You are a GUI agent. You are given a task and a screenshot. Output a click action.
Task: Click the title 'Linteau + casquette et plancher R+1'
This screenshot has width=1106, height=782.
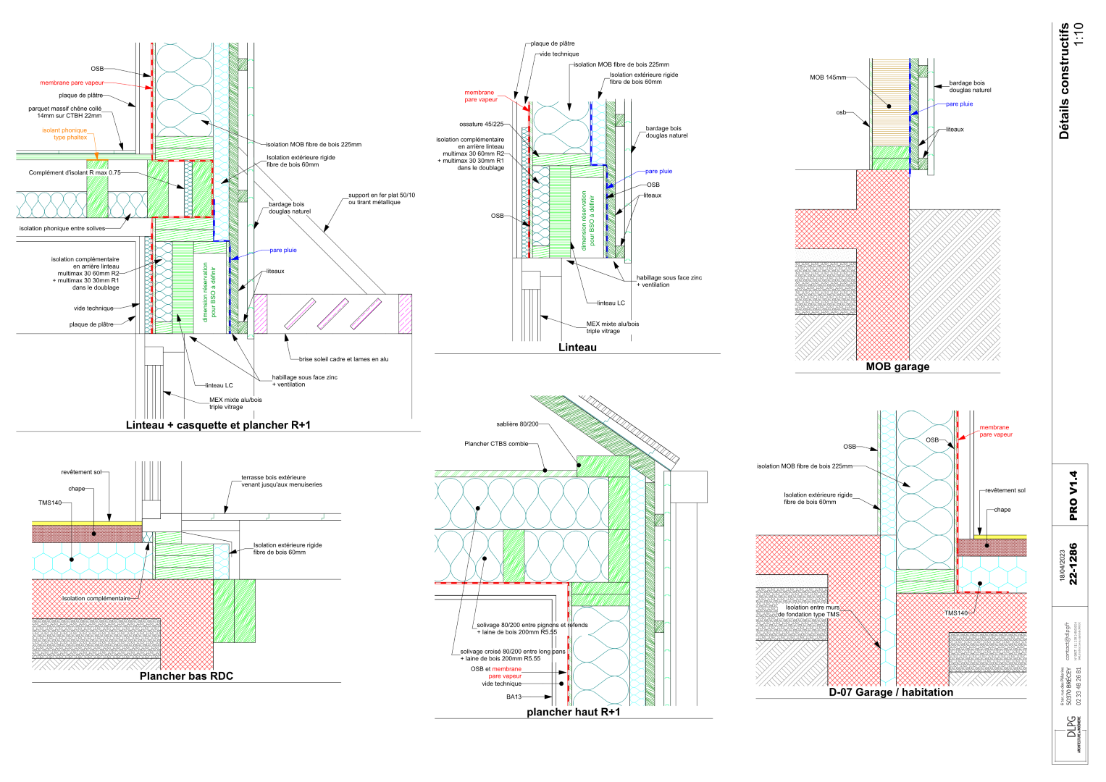(x=218, y=425)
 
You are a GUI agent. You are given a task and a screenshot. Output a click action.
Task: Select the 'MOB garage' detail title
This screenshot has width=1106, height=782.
(x=897, y=366)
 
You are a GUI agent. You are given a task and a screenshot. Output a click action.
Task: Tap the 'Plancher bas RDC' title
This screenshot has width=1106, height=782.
(x=186, y=676)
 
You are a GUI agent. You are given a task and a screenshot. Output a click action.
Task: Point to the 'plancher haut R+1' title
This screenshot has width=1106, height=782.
(x=573, y=712)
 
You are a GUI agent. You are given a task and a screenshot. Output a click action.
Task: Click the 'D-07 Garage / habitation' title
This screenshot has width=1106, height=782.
(x=891, y=692)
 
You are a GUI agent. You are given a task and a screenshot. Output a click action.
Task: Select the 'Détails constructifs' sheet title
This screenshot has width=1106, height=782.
(x=1063, y=80)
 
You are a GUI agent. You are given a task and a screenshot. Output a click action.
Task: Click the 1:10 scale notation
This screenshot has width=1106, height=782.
(x=1078, y=34)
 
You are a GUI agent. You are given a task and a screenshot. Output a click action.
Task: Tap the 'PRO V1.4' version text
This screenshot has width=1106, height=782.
(x=1073, y=495)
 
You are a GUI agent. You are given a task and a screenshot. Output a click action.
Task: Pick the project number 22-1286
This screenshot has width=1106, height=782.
(x=1073, y=563)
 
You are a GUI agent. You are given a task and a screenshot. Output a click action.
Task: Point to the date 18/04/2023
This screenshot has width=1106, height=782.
(x=1063, y=566)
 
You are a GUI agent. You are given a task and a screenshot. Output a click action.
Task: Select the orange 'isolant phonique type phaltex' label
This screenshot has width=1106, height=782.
(x=65, y=134)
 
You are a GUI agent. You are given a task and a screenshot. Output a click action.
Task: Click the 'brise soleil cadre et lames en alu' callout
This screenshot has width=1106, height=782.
(x=343, y=359)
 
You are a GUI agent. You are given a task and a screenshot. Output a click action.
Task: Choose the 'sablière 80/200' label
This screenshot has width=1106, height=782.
(x=517, y=424)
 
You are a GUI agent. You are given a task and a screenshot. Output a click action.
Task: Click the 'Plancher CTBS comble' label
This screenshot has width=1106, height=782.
(x=496, y=444)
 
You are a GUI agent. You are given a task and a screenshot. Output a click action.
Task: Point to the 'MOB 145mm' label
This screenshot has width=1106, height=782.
(x=827, y=77)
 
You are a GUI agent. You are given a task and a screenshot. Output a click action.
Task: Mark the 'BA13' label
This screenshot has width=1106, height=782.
(x=514, y=697)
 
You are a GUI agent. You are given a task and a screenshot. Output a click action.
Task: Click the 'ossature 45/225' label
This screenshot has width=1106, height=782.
(x=481, y=125)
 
